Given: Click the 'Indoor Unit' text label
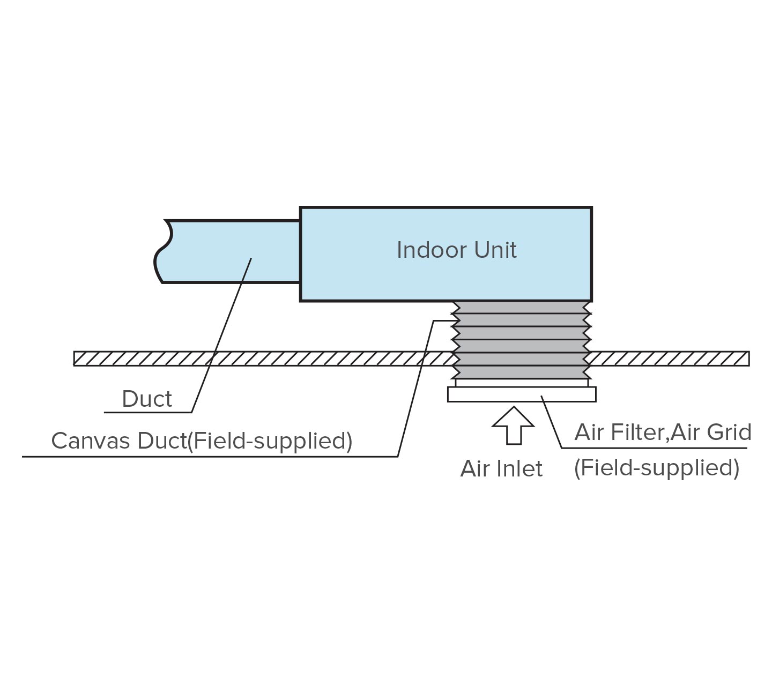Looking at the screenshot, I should coord(456,250).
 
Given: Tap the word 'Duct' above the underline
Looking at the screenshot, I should coord(147,399).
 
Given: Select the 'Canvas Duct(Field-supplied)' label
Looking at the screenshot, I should coord(202,441).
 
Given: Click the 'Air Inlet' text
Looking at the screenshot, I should coord(501,469).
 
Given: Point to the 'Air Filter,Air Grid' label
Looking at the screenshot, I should coord(662,433).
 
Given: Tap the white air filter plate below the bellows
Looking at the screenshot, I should coord(521,394).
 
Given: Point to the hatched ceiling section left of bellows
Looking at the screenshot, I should coord(263,359).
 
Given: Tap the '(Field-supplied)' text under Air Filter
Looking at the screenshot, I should coord(657,468).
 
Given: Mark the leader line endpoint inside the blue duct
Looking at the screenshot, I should coord(251,259).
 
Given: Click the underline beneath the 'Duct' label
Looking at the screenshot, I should coord(148,412).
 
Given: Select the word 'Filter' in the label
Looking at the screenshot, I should coord(640,433).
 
